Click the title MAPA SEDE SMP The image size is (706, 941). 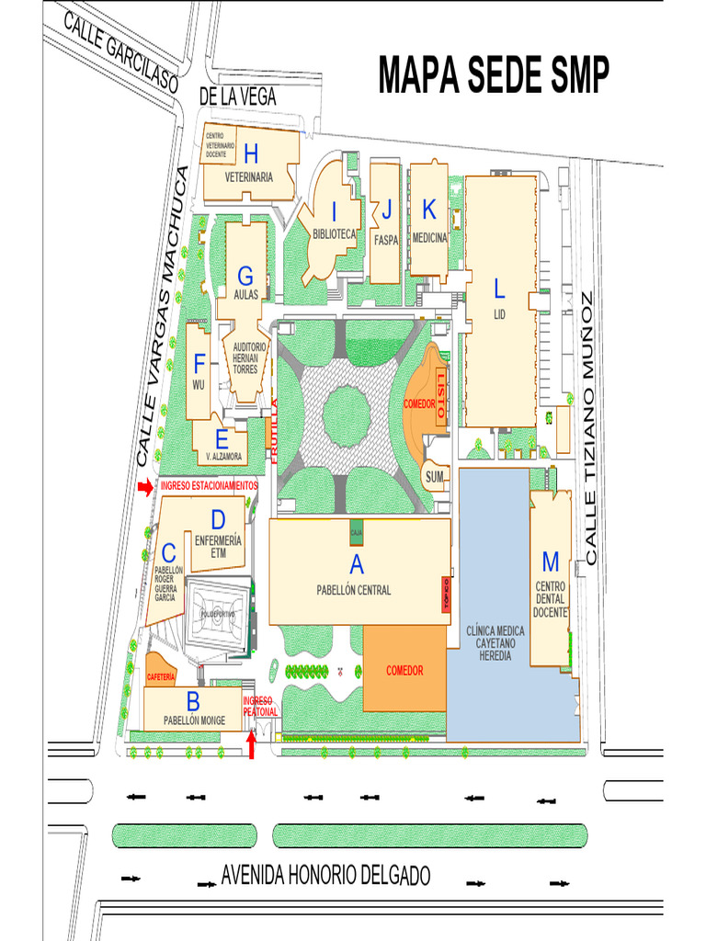pos(494,76)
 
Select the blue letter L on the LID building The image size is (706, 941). pos(499,289)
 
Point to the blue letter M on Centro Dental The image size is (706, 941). pos(551,561)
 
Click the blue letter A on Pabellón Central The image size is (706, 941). pos(356,565)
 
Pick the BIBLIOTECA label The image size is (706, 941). pos(334,234)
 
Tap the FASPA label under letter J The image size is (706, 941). pos(386,241)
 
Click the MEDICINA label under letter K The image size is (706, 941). pos(428,238)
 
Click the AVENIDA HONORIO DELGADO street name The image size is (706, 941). pos(325,876)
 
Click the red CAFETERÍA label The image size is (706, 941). pos(161,676)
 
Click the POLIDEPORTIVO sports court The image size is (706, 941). pos(217,614)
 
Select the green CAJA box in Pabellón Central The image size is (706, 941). pos(356,530)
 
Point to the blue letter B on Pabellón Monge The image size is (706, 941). pos(193,701)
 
